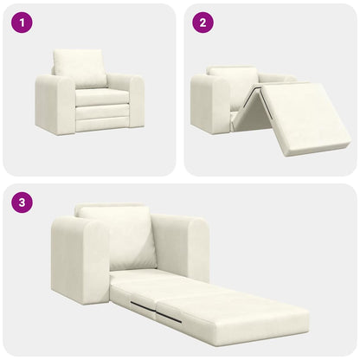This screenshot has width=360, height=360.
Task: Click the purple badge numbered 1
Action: pyautogui.click(x=22, y=22)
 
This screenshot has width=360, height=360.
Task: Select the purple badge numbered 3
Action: pyautogui.click(x=22, y=204)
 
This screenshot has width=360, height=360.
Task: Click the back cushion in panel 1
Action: pyautogui.click(x=80, y=67)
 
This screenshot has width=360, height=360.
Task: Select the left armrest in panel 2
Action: pyautogui.click(x=209, y=104)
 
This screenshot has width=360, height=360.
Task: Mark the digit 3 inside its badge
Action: pyautogui.click(x=22, y=204)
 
